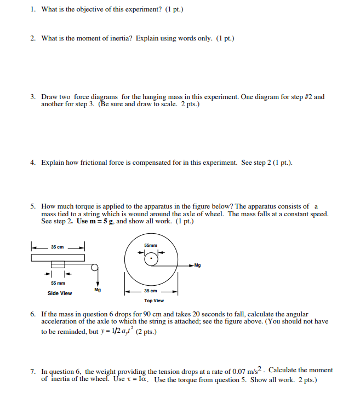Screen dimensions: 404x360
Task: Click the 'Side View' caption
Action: click(59, 293)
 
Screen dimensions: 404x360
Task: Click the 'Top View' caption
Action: click(154, 301)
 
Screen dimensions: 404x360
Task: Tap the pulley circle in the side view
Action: click(95, 267)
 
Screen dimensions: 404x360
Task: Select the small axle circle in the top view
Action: click(151, 259)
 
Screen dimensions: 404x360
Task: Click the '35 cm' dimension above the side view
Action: click(58, 247)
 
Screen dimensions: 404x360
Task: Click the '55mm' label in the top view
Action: click(151, 245)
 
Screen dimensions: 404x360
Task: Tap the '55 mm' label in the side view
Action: click(58, 283)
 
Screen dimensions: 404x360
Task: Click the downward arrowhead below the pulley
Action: click(96, 283)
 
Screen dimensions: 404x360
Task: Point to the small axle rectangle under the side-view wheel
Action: click(58, 266)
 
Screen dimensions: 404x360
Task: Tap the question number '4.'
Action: click(33, 163)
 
